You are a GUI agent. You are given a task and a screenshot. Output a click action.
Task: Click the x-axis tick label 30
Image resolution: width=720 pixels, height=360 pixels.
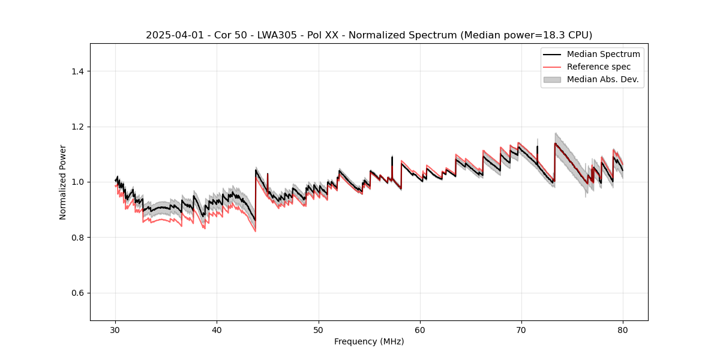pyautogui.click(x=116, y=330)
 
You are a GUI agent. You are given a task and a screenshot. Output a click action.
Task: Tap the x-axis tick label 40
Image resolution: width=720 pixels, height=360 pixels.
pyautogui.click(x=217, y=330)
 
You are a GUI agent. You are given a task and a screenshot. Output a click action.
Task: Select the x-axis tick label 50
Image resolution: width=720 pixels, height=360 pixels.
pyautogui.click(x=319, y=330)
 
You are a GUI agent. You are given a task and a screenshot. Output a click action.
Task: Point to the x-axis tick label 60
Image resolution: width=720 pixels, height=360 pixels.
pyautogui.click(x=420, y=330)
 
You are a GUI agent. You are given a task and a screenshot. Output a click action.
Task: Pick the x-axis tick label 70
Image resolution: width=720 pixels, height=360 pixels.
pyautogui.click(x=521, y=330)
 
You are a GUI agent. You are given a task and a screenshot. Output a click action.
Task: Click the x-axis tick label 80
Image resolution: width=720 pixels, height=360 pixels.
pyautogui.click(x=623, y=330)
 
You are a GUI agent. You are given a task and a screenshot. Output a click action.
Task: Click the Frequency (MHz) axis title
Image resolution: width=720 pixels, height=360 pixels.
pyautogui.click(x=369, y=341)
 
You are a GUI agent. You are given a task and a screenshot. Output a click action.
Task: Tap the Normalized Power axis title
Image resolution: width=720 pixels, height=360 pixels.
pyautogui.click(x=63, y=182)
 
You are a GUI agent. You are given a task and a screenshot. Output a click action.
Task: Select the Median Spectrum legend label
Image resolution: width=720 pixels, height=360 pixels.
pyautogui.click(x=603, y=54)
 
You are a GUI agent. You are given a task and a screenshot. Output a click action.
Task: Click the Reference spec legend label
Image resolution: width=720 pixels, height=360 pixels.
pyautogui.click(x=599, y=67)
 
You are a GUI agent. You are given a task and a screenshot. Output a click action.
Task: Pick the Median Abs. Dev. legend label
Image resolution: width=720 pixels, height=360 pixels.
pyautogui.click(x=602, y=79)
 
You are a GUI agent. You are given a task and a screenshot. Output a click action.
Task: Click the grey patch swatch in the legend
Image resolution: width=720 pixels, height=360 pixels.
pyautogui.click(x=552, y=79)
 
